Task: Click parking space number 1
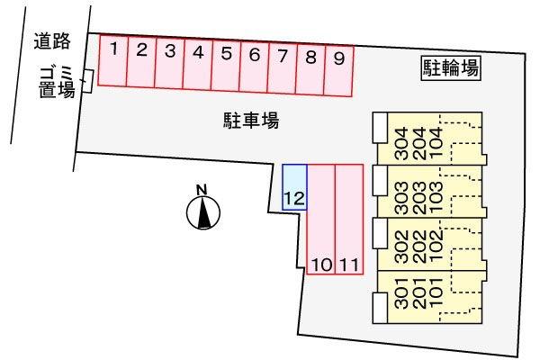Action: tap(112, 60)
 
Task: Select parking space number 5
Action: tap(226, 66)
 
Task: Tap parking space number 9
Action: tap(338, 70)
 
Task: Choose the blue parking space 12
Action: tap(295, 187)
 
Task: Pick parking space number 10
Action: tap(321, 220)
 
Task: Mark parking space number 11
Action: tap(349, 220)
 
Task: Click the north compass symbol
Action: tap(203, 212)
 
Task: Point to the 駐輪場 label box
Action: tap(451, 68)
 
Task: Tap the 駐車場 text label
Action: tap(251, 121)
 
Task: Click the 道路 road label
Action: tap(52, 41)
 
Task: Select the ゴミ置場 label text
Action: tap(57, 82)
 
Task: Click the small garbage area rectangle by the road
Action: tap(87, 81)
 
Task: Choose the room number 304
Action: tap(401, 144)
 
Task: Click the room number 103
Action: tap(436, 198)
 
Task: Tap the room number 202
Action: tap(418, 247)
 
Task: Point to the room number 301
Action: tap(401, 293)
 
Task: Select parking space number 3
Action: tap(169, 63)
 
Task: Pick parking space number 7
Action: tap(282, 68)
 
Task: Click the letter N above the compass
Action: tap(202, 190)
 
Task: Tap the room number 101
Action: tap(436, 293)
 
